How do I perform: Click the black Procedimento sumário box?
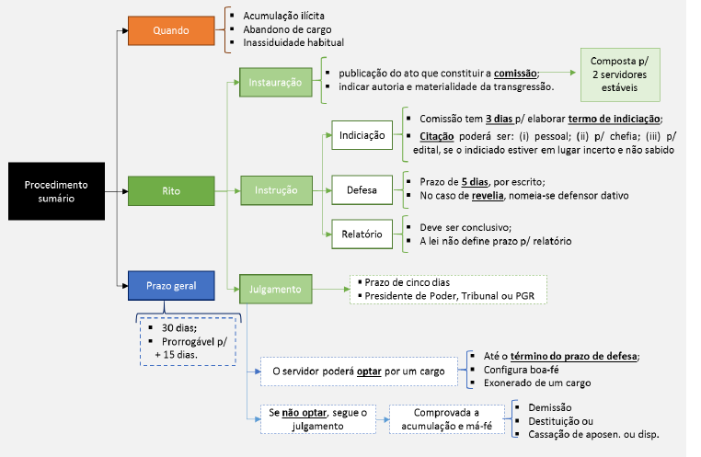[56, 191]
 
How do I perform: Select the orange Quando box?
[171, 30]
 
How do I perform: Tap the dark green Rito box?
[171, 190]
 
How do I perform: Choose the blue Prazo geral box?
[171, 285]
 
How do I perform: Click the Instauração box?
[275, 82]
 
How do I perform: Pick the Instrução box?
[276, 190]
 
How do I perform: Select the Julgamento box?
[275, 289]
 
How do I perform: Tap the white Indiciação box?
[362, 135]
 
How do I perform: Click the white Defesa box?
[362, 189]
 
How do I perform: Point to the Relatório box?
[362, 234]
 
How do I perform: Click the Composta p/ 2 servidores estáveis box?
[620, 74]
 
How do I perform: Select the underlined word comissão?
[515, 74]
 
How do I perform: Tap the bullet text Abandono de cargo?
[287, 29]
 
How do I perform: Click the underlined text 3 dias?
[500, 119]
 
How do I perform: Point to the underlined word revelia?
[488, 196]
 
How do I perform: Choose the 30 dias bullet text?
[178, 328]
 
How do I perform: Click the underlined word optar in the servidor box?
[369, 371]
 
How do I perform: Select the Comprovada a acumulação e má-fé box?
[446, 419]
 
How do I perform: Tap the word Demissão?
[550, 407]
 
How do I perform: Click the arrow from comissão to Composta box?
[557, 73]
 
